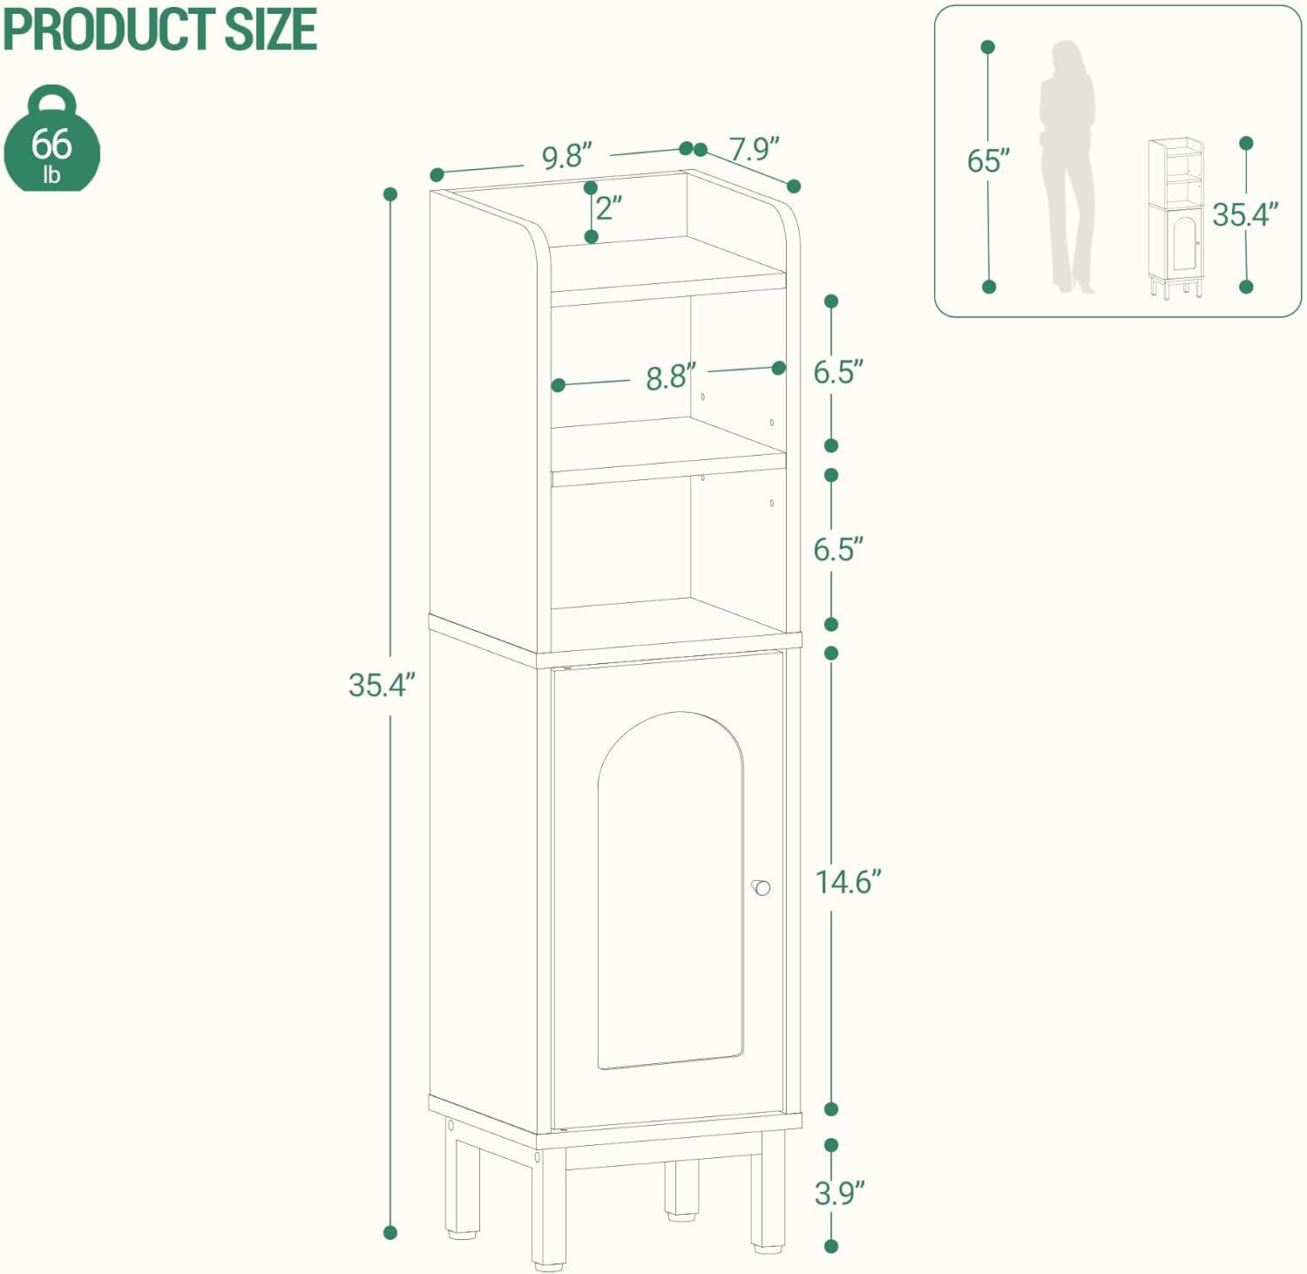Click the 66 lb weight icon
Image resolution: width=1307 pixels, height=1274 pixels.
[x=51, y=141]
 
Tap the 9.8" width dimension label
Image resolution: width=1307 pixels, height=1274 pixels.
[x=566, y=157]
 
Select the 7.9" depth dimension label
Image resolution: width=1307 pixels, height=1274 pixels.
[x=754, y=150]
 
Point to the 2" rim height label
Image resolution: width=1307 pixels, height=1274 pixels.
[x=609, y=207]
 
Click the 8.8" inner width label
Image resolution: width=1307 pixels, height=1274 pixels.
[x=670, y=377]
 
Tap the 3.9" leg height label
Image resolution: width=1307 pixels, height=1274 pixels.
[x=838, y=1193]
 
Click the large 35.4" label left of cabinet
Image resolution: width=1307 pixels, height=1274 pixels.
[x=376, y=685]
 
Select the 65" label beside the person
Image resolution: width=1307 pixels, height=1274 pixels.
[x=988, y=161]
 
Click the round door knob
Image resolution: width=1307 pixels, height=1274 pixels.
[x=762, y=888]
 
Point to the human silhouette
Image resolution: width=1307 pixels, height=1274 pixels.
[x=1067, y=166]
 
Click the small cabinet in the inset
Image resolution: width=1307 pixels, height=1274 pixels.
[x=1175, y=218]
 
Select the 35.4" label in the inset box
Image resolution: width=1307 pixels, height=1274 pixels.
[x=1245, y=213]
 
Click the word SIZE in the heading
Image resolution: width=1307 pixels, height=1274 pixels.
[x=271, y=29]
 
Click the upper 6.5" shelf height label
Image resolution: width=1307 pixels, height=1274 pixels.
[x=838, y=372]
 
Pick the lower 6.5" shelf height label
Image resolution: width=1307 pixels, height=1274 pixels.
[x=838, y=549]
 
